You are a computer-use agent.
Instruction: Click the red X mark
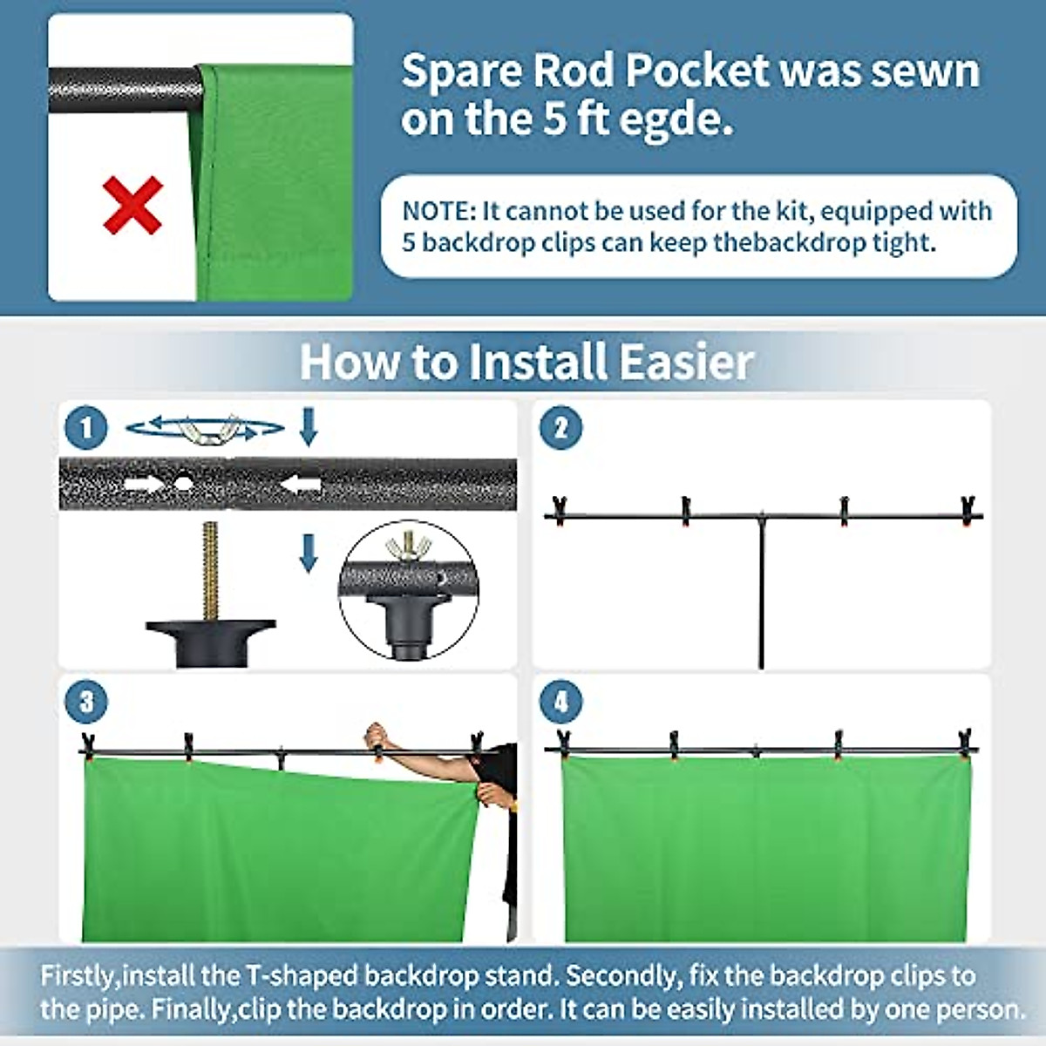[x=132, y=206]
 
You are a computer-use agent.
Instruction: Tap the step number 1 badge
[x=86, y=428]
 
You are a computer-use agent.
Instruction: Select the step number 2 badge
[x=560, y=428]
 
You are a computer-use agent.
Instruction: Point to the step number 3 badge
[x=86, y=702]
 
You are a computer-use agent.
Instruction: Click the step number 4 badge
[x=560, y=702]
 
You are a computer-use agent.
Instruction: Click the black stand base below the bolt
[x=211, y=640]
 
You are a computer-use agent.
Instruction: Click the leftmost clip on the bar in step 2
[x=560, y=508]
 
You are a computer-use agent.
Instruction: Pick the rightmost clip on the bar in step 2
[x=968, y=511]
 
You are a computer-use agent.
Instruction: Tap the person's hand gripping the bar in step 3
[x=377, y=735]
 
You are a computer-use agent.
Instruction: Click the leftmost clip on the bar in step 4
[x=563, y=744]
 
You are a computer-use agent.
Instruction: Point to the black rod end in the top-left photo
[x=122, y=91]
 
